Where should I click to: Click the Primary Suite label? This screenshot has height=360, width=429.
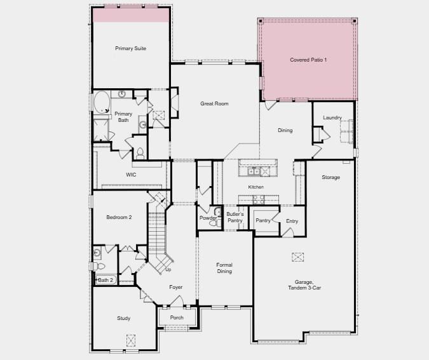click(x=131, y=48)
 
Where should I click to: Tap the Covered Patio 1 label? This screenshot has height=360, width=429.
click(x=308, y=60)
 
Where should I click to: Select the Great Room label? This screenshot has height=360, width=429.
click(x=214, y=103)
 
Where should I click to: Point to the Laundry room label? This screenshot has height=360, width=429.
click(x=332, y=117)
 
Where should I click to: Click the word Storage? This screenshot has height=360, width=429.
click(x=330, y=177)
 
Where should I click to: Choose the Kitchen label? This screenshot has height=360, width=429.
click(x=255, y=187)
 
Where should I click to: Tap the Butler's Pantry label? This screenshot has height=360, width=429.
click(x=235, y=218)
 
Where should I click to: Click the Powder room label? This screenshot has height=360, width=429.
click(x=208, y=218)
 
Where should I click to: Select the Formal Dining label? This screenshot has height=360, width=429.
click(x=224, y=268)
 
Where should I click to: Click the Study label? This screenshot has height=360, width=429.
click(x=124, y=318)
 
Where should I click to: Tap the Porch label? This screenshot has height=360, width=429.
click(x=177, y=317)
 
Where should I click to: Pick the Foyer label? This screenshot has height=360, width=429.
click(x=176, y=287)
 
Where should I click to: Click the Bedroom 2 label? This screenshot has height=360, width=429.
click(x=119, y=217)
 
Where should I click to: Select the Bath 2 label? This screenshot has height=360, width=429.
click(x=106, y=280)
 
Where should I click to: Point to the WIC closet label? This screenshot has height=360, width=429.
click(x=131, y=174)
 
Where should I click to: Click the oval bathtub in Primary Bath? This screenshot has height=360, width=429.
click(x=101, y=102)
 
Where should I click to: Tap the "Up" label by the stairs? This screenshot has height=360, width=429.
click(x=168, y=270)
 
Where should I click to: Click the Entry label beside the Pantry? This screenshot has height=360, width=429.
click(x=292, y=221)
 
